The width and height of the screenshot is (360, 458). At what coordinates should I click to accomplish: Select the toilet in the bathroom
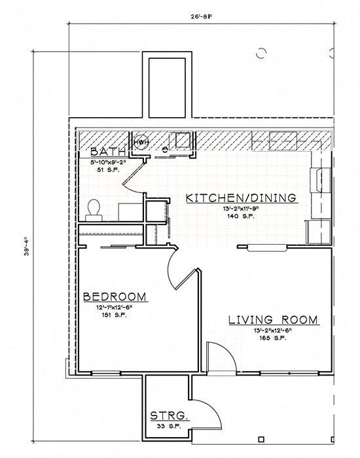point(94,208)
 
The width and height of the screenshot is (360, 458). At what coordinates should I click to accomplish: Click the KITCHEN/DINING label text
point(240,198)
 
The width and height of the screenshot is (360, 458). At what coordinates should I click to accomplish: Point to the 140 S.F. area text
point(240,215)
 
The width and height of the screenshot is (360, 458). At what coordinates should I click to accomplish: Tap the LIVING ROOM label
point(272,321)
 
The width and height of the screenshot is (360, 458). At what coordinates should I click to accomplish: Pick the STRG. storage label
point(170,416)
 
